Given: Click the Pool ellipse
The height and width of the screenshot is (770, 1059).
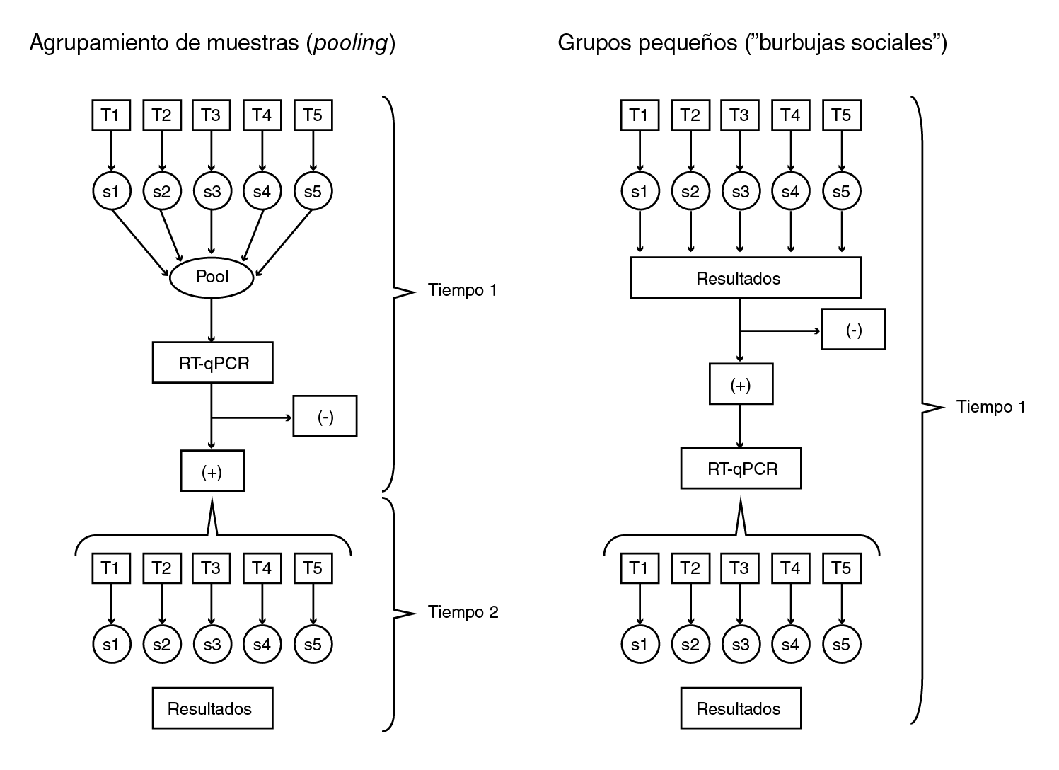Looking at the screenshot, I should point(212,277).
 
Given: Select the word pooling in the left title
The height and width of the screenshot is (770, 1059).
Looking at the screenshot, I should point(349,44).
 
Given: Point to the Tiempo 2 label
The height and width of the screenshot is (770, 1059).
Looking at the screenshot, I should point(463,612).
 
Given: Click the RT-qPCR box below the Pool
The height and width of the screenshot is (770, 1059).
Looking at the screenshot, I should point(213,363).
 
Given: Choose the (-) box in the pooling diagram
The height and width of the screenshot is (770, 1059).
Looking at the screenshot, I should point(325,417).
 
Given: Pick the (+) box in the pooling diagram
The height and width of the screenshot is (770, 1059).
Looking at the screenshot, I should point(212,471).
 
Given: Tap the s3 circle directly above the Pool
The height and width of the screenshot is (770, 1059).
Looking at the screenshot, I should point(212,191).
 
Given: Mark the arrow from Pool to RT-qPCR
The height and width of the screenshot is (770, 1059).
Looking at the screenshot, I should point(212,320).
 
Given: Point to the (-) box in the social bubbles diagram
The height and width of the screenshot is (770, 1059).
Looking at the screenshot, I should point(853,330).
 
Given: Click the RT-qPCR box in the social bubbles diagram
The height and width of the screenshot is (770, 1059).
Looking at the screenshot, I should point(741,469).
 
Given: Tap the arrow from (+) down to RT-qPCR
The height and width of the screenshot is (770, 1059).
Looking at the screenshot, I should point(741,426).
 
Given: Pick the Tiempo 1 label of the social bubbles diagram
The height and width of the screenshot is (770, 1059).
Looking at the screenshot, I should point(990,407).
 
